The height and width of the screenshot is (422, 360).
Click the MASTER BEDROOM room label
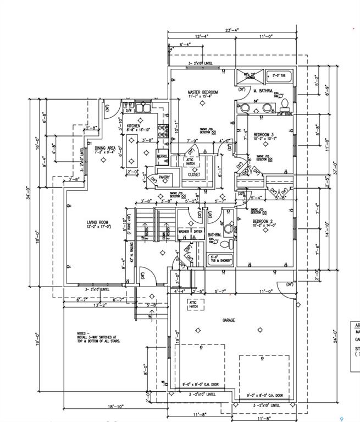point(203,92)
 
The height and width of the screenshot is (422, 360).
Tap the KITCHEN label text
point(134,126)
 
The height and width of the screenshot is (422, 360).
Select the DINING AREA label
point(104,148)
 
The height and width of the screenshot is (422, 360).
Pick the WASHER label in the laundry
point(184,232)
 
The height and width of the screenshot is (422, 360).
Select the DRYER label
point(198,232)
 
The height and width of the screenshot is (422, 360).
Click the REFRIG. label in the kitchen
point(162,156)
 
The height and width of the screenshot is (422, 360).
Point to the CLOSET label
point(194,174)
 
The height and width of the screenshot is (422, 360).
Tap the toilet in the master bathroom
point(285,103)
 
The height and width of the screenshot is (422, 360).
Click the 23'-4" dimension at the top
point(231,30)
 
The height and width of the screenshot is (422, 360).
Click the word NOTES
point(83,333)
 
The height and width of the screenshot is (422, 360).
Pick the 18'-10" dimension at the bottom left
point(116,407)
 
